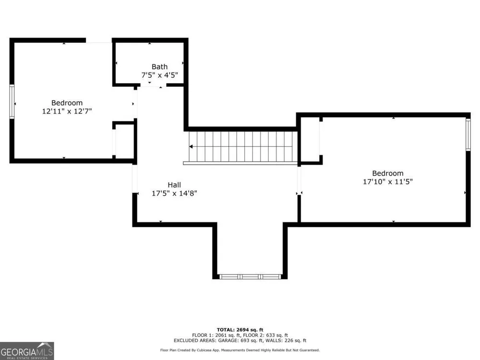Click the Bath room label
pos(159,66)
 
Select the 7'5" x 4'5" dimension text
pos(159,75)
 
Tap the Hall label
pos(174,185)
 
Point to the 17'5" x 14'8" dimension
pos(174,193)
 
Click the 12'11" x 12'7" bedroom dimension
pos(67,111)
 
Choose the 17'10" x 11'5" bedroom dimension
pos(387,181)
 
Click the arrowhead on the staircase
pos(191,146)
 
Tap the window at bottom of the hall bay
pos(250,277)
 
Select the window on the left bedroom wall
pos(12,102)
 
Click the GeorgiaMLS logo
pos(27,351)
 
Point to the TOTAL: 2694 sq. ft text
pos(240,330)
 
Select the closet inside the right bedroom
pos(311,140)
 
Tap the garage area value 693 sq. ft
pos(251,340)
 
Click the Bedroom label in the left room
pos(67,103)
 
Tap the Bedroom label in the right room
pos(387,173)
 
